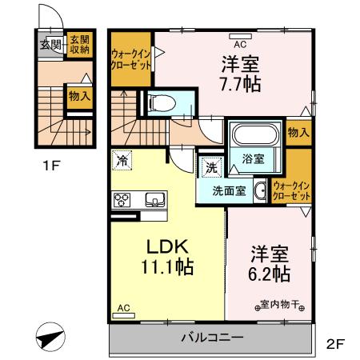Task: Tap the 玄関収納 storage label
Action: pyautogui.click(x=78, y=44)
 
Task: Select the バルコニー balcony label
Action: pyautogui.click(x=211, y=338)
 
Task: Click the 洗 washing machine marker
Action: pyautogui.click(x=210, y=168)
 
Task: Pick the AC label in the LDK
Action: pyautogui.click(x=123, y=307)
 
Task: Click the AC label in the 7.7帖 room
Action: pyautogui.click(x=239, y=34)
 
